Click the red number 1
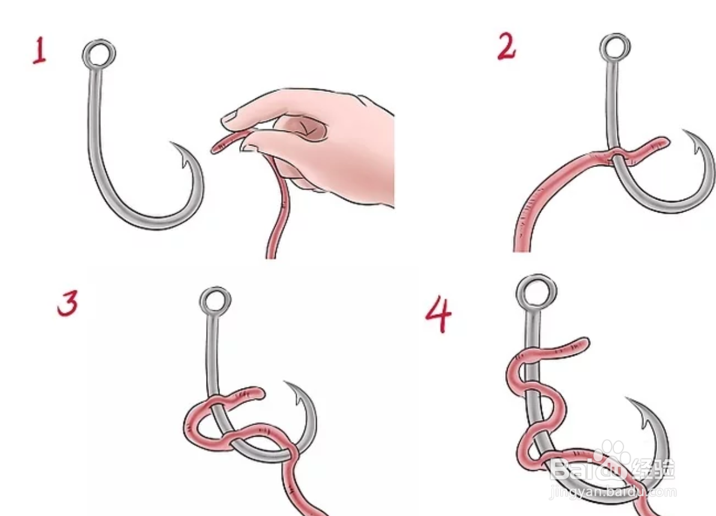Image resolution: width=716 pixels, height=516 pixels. [x=40, y=50]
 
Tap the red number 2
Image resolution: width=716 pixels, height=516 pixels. [x=506, y=47]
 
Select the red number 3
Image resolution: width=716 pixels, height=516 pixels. [x=68, y=303]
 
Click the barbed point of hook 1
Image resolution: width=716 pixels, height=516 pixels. [x=172, y=142]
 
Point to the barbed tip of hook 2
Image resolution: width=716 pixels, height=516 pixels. [x=684, y=130]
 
